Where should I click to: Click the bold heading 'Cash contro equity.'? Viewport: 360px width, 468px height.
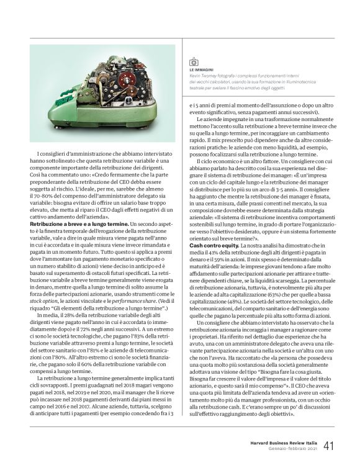point(210,246)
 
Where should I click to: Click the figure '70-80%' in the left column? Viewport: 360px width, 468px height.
point(44,195)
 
